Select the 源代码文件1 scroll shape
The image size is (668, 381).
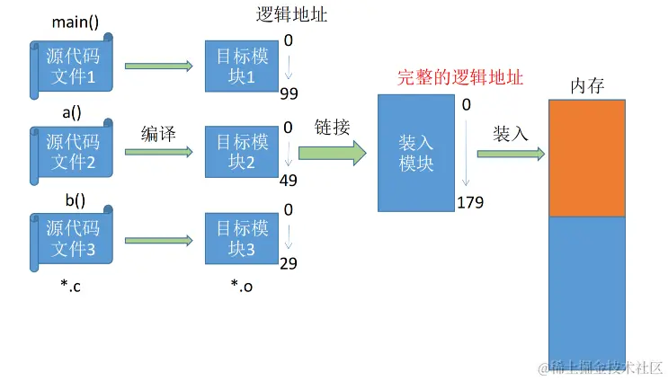coord(72,64)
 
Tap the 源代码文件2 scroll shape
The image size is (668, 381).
coord(72,152)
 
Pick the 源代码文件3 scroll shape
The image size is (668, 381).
coord(72,239)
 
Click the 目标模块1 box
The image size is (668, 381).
coord(241,66)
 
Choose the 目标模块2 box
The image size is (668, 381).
coord(241,152)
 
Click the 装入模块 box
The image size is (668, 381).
coord(416,153)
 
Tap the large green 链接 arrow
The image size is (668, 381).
coord(332,152)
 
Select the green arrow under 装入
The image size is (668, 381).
coord(511,154)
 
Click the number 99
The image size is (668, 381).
coord(289,94)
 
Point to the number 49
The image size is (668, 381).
coord(289,181)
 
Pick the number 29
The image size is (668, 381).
coord(289,264)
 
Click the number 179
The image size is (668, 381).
coord(470,201)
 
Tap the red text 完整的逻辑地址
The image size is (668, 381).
coord(460,77)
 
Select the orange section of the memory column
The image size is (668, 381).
coord(586,158)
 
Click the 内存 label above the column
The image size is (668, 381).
coord(586,86)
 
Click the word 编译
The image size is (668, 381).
coord(158,134)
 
